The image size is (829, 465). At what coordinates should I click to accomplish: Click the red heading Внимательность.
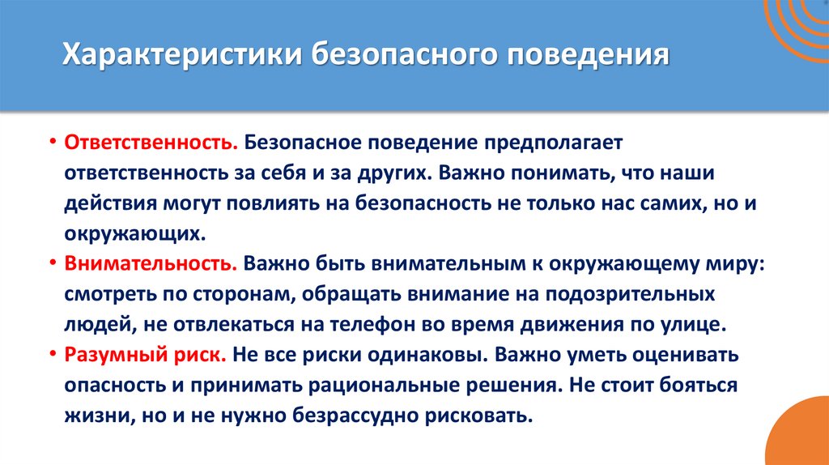click(x=151, y=264)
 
